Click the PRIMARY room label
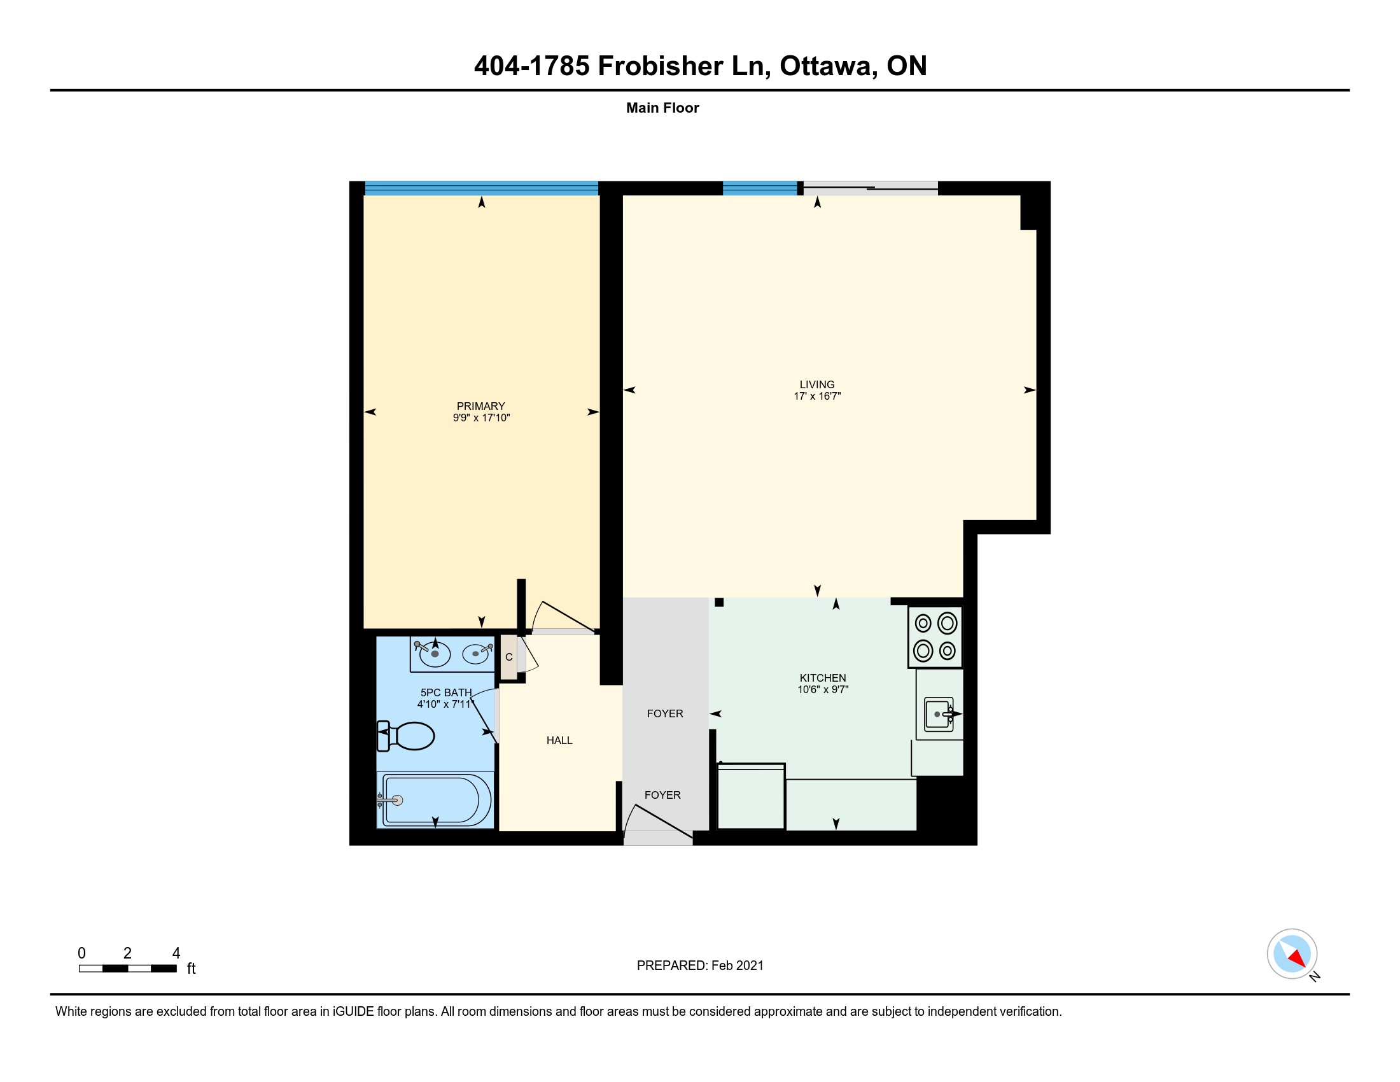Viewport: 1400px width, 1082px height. [x=480, y=406]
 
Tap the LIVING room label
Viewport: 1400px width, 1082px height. [x=816, y=384]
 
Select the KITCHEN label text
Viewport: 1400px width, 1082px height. [x=822, y=678]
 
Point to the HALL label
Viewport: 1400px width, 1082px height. [x=559, y=740]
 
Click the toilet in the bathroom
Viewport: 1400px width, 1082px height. [x=406, y=736]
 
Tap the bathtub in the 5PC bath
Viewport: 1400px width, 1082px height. [x=436, y=800]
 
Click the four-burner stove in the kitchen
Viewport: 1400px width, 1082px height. [x=935, y=637]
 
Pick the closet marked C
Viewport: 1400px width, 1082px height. [x=509, y=657]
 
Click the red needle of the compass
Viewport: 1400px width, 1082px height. [x=1298, y=958]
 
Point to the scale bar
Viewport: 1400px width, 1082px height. [x=127, y=969]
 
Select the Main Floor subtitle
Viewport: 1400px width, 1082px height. [x=662, y=108]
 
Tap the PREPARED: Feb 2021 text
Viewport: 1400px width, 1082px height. [x=700, y=966]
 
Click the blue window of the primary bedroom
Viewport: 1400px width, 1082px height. [x=482, y=188]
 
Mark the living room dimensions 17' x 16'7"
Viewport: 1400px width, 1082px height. [x=816, y=396]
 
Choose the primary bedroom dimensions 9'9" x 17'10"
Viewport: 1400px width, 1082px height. [x=480, y=418]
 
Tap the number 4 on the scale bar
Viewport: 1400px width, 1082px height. [x=176, y=953]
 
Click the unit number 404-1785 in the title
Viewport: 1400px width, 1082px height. [x=531, y=66]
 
